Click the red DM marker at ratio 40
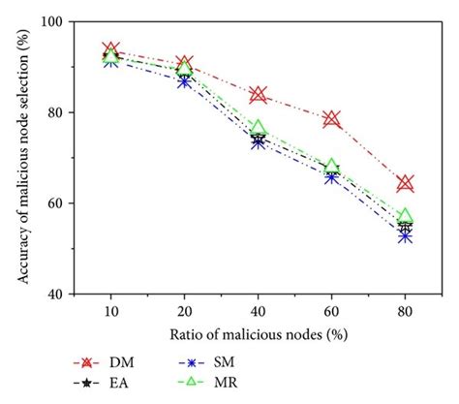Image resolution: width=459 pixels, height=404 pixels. click(259, 94)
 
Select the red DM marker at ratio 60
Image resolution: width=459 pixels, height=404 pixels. click(332, 119)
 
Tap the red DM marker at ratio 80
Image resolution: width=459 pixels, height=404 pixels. click(406, 183)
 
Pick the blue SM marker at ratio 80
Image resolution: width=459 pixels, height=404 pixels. click(406, 235)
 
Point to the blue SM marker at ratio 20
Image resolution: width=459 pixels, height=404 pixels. click(185, 81)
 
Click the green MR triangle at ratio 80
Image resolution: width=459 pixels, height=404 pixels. click(406, 216)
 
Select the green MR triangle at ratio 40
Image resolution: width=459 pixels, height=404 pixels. click(259, 128)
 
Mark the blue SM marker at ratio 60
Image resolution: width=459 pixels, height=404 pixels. click(332, 177)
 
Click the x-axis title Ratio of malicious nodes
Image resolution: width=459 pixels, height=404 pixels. click(258, 334)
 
